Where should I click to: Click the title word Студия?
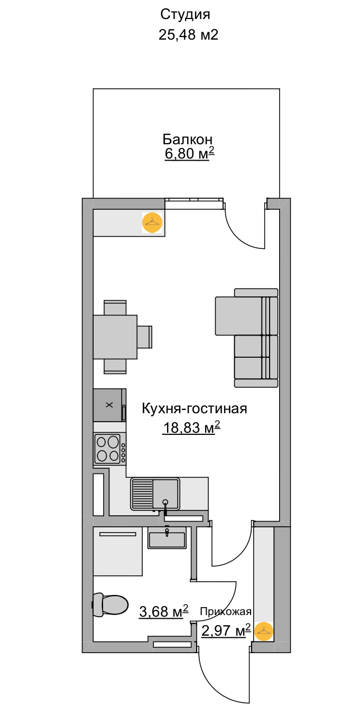(x=185, y=15)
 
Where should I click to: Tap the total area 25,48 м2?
(x=188, y=34)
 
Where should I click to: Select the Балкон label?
(x=187, y=139)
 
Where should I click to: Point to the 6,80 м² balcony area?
(x=189, y=153)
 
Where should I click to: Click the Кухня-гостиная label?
(x=195, y=408)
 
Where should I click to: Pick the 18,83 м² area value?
(x=191, y=427)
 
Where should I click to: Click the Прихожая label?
(x=226, y=612)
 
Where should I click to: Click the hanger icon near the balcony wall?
(x=152, y=222)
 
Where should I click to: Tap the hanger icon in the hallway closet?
(x=264, y=631)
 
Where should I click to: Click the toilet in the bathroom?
(x=110, y=605)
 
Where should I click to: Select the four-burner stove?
(x=109, y=448)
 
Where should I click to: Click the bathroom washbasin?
(x=167, y=538)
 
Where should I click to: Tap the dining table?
(x=115, y=337)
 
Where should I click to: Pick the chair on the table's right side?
(x=145, y=337)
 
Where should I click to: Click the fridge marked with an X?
(x=109, y=405)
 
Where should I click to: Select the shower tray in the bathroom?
(x=118, y=551)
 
